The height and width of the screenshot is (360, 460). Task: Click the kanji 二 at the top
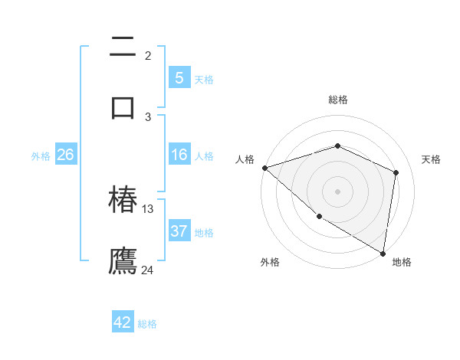coord(123,47)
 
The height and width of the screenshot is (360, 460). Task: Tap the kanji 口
coord(123,106)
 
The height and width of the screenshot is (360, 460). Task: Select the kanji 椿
coord(123,201)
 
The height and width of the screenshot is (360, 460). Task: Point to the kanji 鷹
coord(123,260)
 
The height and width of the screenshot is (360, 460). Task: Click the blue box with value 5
coord(179,77)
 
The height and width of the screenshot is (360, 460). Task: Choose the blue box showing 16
coord(179,155)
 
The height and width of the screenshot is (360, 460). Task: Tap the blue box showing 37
coord(179,231)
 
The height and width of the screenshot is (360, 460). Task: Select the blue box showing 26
coord(65,155)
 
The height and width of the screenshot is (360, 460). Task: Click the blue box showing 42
coord(123,322)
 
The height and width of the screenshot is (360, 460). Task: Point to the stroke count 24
coord(147,270)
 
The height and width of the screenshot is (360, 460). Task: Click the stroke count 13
coord(148,209)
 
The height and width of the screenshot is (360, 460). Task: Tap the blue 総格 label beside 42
coord(147,324)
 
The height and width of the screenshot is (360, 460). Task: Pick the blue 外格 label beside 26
coord(41,156)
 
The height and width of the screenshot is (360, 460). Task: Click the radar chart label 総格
coord(338,100)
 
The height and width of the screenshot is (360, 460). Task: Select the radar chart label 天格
coord(431,159)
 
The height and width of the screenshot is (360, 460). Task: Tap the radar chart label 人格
coord(245,159)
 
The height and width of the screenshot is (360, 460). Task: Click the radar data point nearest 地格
coord(383,253)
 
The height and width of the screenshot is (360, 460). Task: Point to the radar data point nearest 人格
coord(264,168)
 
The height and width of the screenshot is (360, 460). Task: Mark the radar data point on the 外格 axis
coord(319,217)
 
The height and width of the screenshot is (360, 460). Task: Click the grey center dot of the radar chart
coord(338,191)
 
